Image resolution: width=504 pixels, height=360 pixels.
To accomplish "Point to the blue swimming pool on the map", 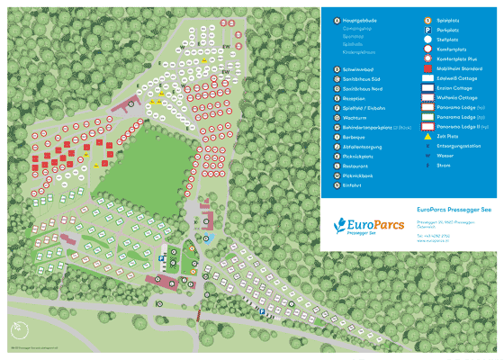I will (x=206, y=239).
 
